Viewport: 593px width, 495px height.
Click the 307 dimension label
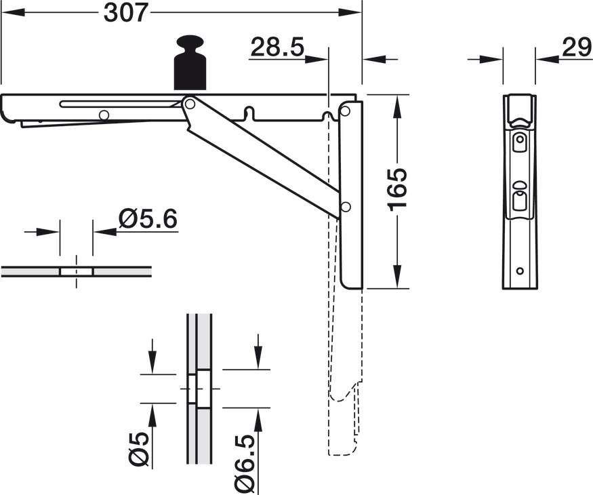click(125, 13)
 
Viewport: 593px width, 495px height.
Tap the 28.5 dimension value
click(277, 47)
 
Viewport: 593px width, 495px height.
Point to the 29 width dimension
click(576, 47)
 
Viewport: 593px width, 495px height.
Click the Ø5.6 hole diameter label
click(148, 219)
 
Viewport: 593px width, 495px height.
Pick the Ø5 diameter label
click(138, 449)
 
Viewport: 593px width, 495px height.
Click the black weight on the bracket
click(190, 63)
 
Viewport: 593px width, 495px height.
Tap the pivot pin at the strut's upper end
click(190, 103)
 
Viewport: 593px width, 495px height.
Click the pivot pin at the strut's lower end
click(345, 207)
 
